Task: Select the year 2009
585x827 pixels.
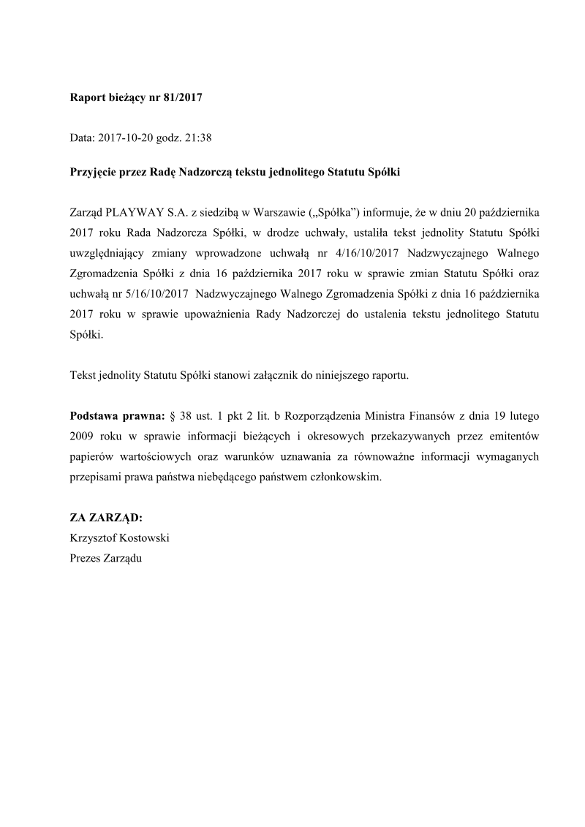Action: [x=83, y=436]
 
